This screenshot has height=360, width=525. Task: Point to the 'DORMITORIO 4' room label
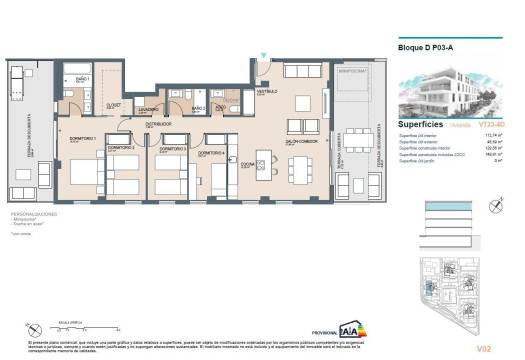211,152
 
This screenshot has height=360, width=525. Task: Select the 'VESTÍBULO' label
266,92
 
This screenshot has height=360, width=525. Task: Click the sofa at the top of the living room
301,71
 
